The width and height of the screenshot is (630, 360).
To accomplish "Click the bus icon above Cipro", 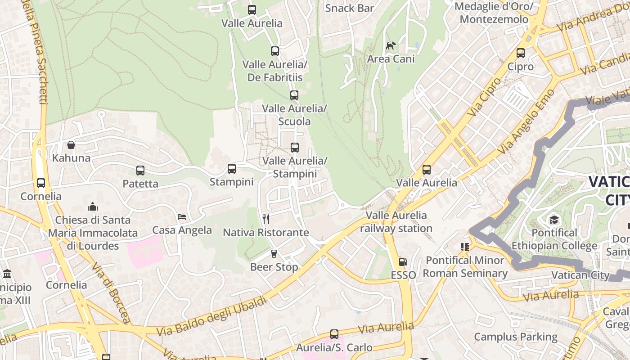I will tap(521, 53).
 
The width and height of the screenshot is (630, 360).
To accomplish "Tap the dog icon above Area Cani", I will tap(391, 45).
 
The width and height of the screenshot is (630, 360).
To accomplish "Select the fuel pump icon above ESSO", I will tap(403, 262).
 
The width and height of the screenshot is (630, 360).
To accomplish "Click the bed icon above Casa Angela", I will tap(182, 217).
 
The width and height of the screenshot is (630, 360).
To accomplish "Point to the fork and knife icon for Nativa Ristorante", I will tap(266, 219).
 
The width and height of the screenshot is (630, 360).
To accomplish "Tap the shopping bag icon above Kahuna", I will tap(71, 145).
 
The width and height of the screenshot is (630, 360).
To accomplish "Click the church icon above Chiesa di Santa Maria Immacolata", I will tap(93, 207).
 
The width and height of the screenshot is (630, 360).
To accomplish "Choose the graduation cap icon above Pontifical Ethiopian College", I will tap(553, 220).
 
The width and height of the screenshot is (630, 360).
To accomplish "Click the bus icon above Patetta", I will tap(140, 171).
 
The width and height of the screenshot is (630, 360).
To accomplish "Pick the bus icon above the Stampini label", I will tap(232, 169).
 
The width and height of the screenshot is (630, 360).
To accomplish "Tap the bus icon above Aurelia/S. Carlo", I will tap(334, 334).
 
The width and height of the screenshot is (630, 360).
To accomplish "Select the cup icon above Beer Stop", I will tap(274, 254).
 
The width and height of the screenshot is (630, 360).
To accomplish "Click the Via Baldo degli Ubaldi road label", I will tap(211, 316).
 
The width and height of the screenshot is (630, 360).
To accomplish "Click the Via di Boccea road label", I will tap(111, 292).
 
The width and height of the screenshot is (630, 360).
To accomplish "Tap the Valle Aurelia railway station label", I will tap(396, 222).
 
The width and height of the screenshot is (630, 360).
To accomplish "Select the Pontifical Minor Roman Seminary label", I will tap(465, 267).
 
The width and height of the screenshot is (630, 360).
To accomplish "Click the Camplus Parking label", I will tap(516, 337).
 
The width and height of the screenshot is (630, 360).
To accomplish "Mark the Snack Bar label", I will tap(350, 8).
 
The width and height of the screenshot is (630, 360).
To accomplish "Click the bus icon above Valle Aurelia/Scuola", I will tap(294, 95).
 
